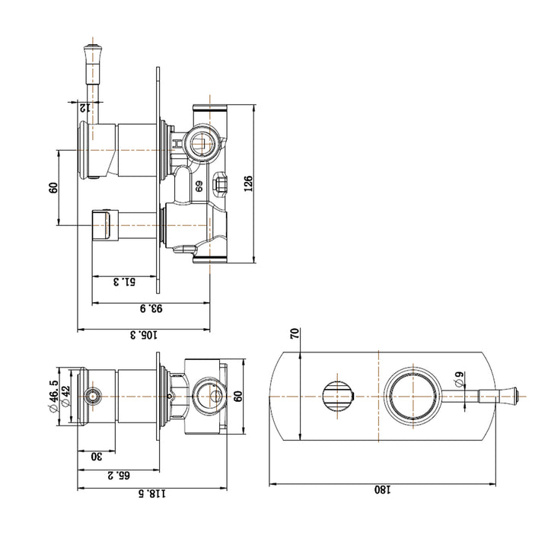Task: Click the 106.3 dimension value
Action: click(x=142, y=333)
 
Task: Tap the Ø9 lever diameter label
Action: click(x=459, y=377)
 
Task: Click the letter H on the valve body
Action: click(x=178, y=143)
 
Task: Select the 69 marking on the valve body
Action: click(x=198, y=185)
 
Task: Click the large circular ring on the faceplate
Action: click(x=412, y=394)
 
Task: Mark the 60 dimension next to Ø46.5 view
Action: click(x=238, y=395)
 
